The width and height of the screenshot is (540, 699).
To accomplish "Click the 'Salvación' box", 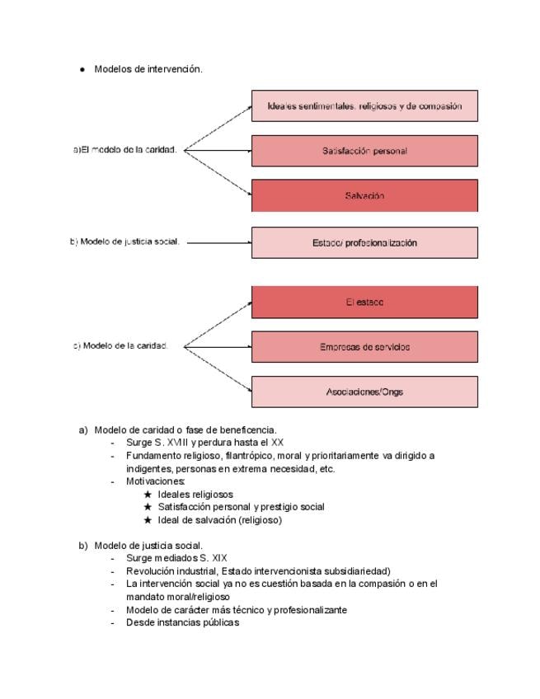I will tap(364, 196).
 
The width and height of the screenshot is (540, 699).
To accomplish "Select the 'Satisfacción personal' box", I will tap(364, 151).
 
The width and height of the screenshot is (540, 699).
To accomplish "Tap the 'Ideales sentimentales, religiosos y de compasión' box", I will tap(364, 106).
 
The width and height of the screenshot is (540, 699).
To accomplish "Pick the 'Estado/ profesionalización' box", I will tap(364, 243).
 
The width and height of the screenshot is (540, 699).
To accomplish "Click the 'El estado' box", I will tap(364, 303).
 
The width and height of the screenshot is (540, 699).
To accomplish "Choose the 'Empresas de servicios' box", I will tap(364, 347).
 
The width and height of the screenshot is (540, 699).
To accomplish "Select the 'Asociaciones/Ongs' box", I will tap(364, 392).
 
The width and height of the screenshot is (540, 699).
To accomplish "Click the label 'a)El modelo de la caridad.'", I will tap(125, 150).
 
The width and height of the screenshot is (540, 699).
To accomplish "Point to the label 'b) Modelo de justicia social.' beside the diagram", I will tap(124, 242).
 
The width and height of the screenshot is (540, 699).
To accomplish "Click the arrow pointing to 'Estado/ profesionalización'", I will tap(219, 243).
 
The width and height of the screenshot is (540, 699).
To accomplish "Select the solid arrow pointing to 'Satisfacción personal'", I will tap(218, 151).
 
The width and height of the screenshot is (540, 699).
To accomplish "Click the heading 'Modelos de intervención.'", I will tap(148, 69).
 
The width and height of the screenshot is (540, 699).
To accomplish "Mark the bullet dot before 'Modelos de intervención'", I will tap(82, 70).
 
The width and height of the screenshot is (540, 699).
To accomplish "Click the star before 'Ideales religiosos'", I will tap(148, 495).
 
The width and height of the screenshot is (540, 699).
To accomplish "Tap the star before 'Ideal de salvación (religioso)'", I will tap(148, 520).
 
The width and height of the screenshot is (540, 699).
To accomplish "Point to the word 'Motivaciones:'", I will tap(156, 481).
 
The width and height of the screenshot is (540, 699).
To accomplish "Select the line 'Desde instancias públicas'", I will tap(182, 623).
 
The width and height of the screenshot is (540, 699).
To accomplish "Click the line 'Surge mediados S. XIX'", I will tap(176, 558).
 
